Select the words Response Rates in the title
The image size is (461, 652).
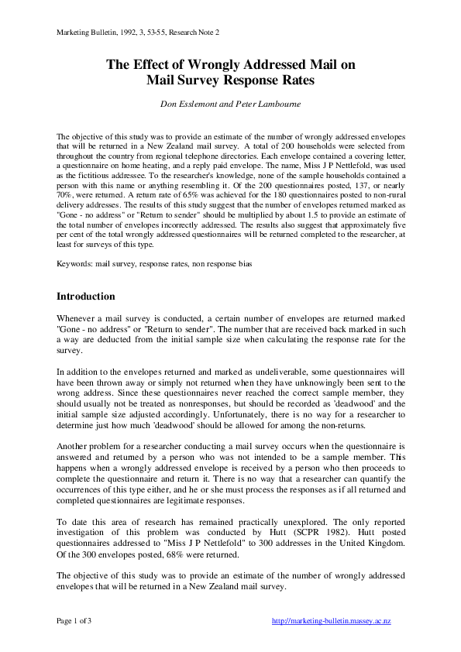(275, 80)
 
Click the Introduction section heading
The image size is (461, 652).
(86, 297)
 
